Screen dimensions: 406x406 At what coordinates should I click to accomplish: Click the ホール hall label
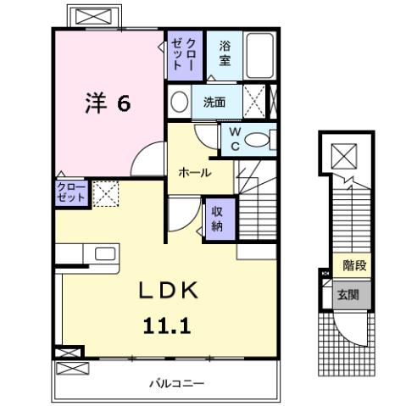click(x=194, y=172)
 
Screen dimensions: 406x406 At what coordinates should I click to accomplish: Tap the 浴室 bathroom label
click(x=225, y=53)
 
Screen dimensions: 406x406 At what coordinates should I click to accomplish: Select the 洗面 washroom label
click(x=214, y=103)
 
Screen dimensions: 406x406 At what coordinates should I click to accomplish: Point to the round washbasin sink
click(x=179, y=103)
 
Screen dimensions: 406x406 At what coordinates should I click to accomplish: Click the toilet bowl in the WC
click(x=258, y=140)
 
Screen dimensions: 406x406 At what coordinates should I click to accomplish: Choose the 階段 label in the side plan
click(x=355, y=266)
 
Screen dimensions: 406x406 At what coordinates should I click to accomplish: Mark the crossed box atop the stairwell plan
click(x=345, y=156)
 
